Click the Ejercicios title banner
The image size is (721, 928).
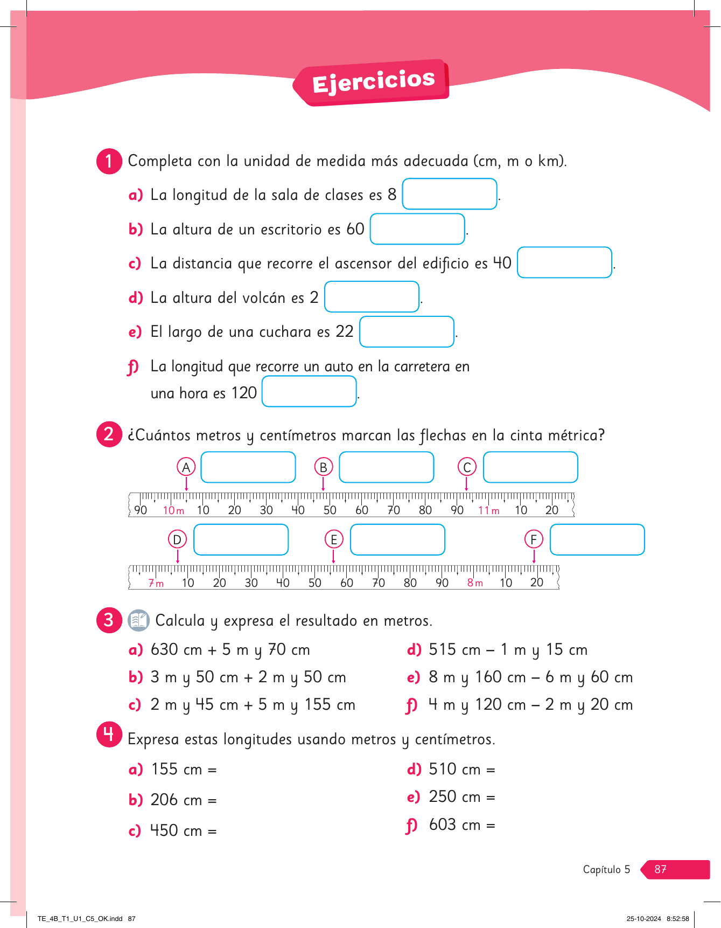[x=374, y=82]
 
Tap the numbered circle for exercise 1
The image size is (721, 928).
[x=109, y=161]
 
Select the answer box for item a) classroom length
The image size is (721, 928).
[x=449, y=194]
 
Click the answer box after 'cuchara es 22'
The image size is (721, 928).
[x=407, y=332]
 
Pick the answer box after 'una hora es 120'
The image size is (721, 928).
[x=309, y=391]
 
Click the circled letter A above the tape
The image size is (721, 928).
[x=186, y=467]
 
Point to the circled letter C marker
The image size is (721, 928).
[x=467, y=467]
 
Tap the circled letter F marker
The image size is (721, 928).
[x=534, y=539]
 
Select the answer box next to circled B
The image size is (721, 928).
[x=386, y=467]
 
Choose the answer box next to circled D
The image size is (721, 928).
[x=241, y=539]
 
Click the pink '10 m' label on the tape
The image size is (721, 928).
[x=173, y=510]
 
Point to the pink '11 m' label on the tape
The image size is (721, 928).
[x=488, y=510]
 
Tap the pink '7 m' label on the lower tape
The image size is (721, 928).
[x=156, y=583]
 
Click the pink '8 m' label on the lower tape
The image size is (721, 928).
[x=475, y=583]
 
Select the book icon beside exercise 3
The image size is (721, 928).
[x=138, y=620]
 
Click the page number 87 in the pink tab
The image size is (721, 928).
[x=660, y=869]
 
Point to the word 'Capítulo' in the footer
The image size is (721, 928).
[x=601, y=869]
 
